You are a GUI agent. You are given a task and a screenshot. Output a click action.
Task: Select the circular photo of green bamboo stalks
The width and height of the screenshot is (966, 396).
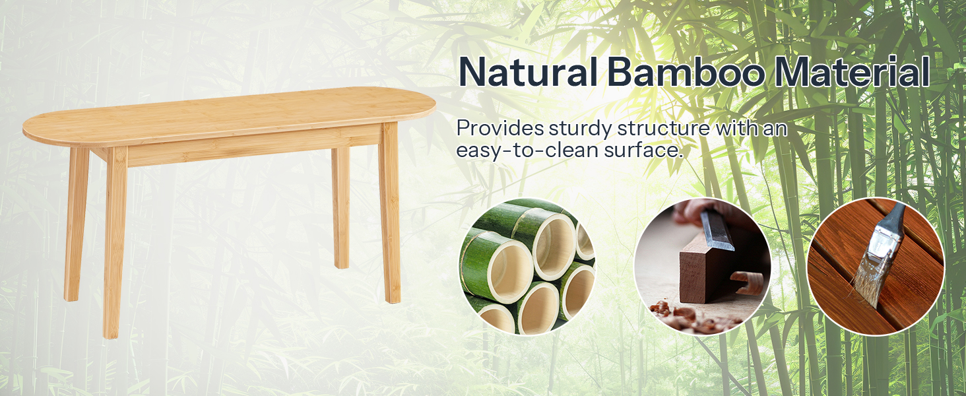[527, 266]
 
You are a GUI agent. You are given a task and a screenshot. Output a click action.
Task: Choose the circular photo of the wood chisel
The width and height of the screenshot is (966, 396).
[702, 266]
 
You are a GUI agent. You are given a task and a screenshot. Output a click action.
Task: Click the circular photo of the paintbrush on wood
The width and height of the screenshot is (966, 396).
[876, 266]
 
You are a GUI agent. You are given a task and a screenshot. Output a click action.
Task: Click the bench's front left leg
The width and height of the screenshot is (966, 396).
[113, 244]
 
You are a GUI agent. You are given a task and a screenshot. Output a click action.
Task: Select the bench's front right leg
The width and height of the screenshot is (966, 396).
[391, 218]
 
